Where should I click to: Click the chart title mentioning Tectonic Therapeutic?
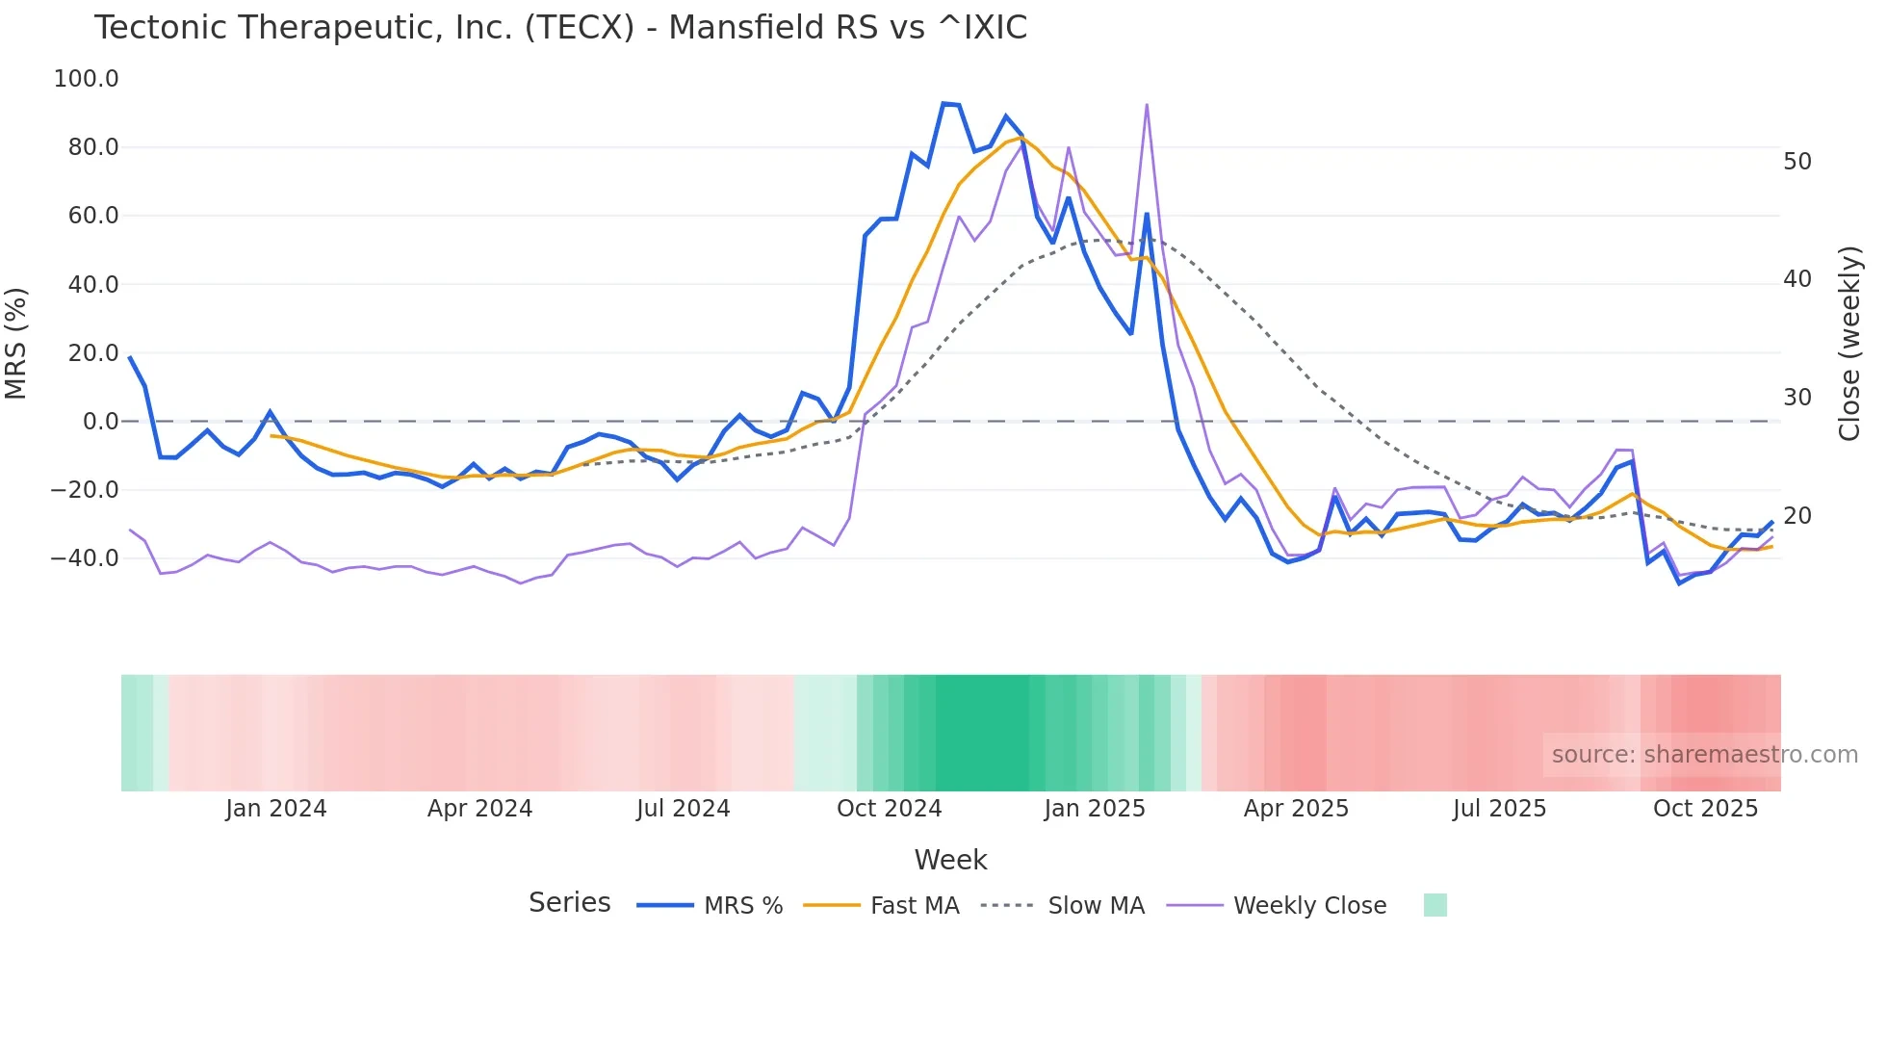[x=560, y=28]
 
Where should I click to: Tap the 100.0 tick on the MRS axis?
[x=86, y=79]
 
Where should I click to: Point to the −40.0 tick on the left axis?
[x=84, y=558]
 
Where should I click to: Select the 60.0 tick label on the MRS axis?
[x=92, y=216]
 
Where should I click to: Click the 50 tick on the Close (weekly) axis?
[x=1797, y=162]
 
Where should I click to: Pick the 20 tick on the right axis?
[x=1797, y=516]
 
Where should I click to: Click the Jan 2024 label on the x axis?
[x=276, y=809]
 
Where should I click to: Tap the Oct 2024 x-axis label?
[x=889, y=809]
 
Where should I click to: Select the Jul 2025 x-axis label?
[x=1499, y=809]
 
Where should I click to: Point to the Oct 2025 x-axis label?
[x=1705, y=809]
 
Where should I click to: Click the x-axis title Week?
[x=950, y=860]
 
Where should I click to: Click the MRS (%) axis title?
[x=16, y=343]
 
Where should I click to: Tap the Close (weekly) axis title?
[x=1849, y=344]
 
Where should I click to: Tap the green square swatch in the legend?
[x=1435, y=905]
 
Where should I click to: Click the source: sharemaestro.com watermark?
[x=1704, y=755]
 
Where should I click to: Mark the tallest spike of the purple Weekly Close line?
[x=1147, y=105]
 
